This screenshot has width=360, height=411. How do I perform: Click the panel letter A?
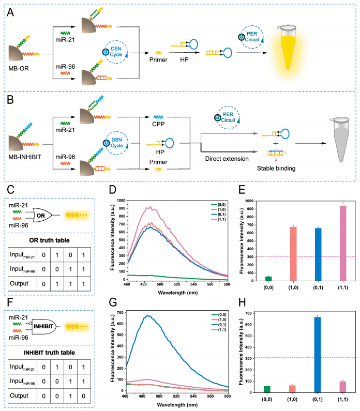click(9, 11)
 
